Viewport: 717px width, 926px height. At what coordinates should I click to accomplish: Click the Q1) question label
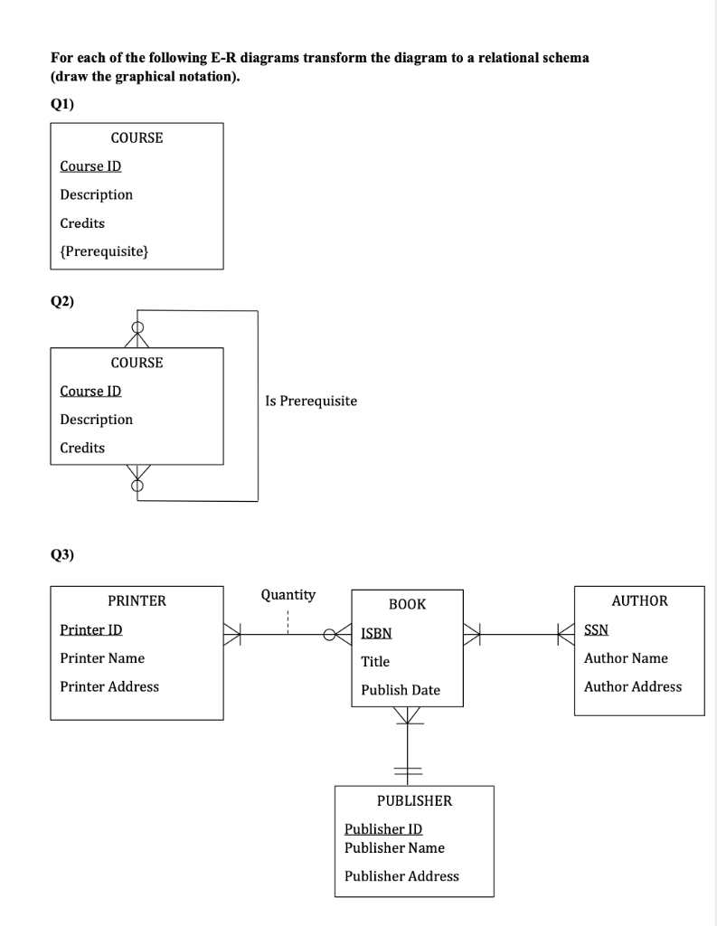coord(62,104)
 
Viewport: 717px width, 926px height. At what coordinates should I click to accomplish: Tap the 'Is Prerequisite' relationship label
coord(311,401)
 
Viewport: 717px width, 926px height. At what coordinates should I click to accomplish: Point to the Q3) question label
coord(62,554)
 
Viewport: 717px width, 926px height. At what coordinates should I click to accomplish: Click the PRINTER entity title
coord(137,600)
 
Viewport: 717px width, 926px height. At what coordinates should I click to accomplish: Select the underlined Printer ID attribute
coord(90,629)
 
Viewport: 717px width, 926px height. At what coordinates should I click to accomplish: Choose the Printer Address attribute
coord(108,686)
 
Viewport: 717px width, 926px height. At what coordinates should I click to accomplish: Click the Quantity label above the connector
coord(288,595)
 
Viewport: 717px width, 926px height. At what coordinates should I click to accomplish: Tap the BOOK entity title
coord(407,604)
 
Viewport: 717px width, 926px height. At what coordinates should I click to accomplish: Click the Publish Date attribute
coord(400,690)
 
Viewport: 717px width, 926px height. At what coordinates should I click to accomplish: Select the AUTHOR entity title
coord(639,600)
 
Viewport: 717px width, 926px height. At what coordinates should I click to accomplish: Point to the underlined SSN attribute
coord(596,629)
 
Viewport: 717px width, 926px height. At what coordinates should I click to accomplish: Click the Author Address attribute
coord(632,686)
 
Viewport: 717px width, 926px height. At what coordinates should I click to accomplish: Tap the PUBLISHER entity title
coord(414,801)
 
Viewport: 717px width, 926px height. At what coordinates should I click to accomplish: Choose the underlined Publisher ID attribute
coord(382,829)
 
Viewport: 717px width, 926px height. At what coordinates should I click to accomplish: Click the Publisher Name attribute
coord(394,848)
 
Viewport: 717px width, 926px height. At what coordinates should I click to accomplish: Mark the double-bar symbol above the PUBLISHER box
coord(408,770)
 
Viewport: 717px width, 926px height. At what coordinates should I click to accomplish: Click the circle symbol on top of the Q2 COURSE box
coord(137,327)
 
